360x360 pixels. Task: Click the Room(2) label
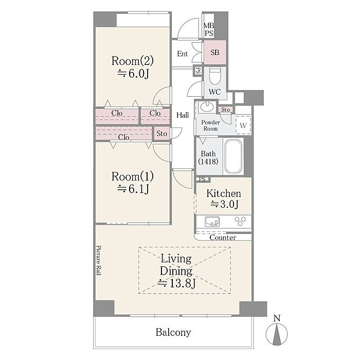[133, 61]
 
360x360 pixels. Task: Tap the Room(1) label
[133, 176]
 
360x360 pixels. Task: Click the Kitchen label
[224, 193]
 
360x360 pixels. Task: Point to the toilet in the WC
[215, 77]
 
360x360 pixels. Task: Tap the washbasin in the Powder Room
[207, 107]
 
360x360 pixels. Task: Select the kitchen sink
[212, 221]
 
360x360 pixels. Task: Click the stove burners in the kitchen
[240, 221]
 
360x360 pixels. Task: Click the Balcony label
[173, 332]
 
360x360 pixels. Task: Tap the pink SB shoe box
[215, 52]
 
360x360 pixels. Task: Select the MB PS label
[209, 29]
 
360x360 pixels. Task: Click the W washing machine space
[243, 125]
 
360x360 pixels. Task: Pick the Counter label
[223, 238]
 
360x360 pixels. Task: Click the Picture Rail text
[99, 260]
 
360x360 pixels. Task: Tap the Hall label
[183, 115]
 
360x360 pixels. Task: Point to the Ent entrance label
[182, 53]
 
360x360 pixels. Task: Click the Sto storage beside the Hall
[161, 133]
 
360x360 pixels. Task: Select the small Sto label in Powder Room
[225, 110]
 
